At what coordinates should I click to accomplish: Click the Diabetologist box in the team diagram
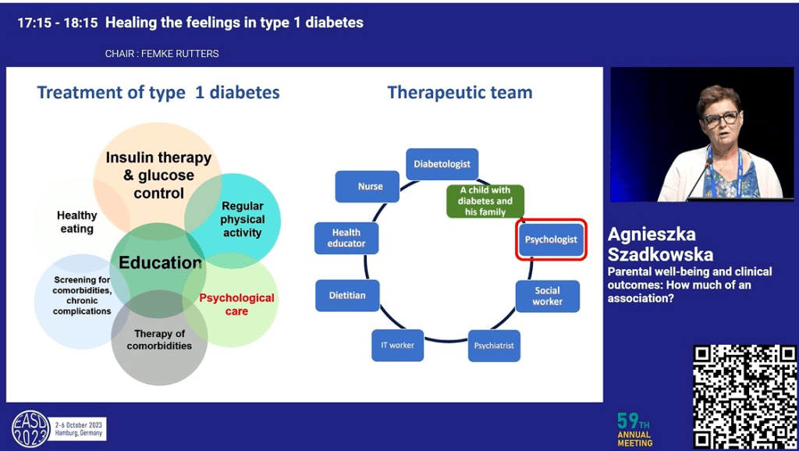(x=442, y=165)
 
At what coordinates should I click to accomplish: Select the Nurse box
(x=371, y=186)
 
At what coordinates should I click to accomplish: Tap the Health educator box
(x=346, y=238)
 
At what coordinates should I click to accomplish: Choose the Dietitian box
(x=347, y=295)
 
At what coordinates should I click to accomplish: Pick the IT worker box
(x=398, y=345)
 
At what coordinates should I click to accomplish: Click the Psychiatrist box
(x=494, y=346)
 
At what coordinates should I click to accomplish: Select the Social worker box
(x=548, y=296)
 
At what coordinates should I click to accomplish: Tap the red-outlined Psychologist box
(x=551, y=240)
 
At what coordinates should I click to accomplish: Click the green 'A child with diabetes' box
(x=485, y=201)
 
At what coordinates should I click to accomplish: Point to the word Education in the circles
(x=161, y=262)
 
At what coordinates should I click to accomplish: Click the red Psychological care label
(x=236, y=304)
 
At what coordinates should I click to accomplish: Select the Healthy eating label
(x=76, y=222)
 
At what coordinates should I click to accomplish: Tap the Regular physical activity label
(x=242, y=219)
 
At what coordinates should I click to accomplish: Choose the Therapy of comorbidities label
(x=159, y=340)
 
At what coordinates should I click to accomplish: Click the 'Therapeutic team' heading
(x=460, y=92)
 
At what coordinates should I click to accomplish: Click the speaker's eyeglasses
(x=721, y=119)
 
